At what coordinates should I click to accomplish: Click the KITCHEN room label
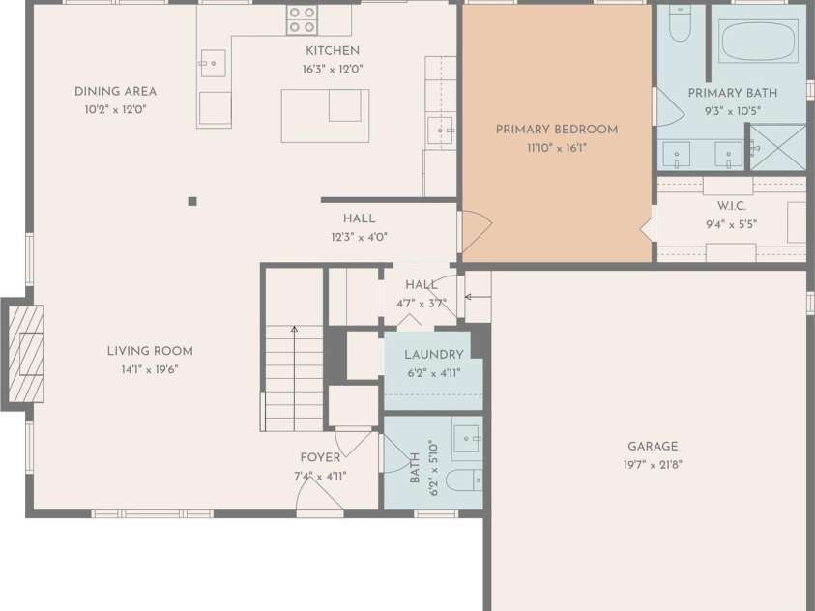click(333, 51)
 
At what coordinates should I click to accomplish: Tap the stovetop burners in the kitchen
click(302, 19)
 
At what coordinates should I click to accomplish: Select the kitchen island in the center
click(326, 116)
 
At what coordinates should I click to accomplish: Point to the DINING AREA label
click(115, 92)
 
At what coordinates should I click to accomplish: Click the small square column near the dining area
click(192, 201)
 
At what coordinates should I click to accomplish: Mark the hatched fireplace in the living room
click(26, 354)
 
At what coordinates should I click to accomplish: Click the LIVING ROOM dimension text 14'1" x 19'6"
click(150, 370)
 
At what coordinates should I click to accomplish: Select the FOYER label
click(321, 457)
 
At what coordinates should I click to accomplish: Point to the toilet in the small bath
click(464, 480)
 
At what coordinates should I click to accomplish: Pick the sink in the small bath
click(466, 439)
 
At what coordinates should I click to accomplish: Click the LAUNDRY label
click(434, 355)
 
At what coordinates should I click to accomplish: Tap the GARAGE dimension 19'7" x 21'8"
click(653, 465)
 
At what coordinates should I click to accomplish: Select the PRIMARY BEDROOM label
click(557, 130)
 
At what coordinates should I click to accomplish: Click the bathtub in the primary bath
click(758, 41)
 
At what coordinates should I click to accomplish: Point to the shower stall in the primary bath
click(777, 148)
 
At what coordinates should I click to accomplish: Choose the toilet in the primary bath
click(680, 23)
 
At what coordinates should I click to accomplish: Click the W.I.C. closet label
click(731, 206)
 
